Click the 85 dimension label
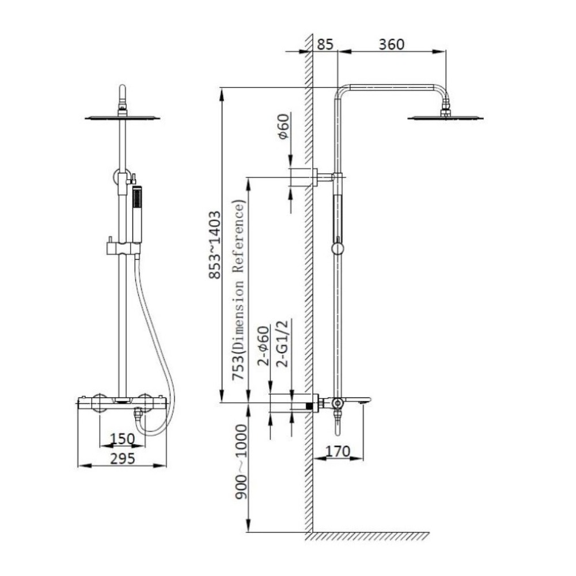[x=325, y=44]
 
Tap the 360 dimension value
[x=392, y=44]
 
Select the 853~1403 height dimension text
[x=214, y=245]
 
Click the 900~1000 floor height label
[x=241, y=462]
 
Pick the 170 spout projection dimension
[x=338, y=451]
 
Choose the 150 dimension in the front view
[x=123, y=438]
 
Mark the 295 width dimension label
[x=123, y=458]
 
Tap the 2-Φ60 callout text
[x=263, y=346]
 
